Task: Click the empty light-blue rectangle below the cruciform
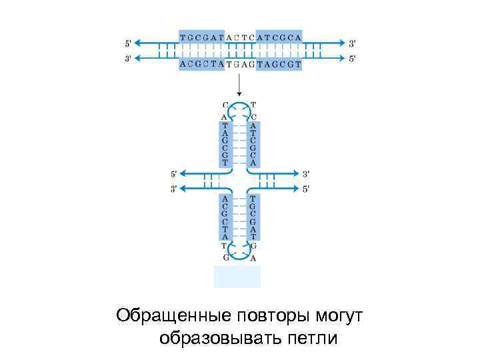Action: pyautogui.click(x=237, y=276)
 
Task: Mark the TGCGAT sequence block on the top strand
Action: pyautogui.click(x=202, y=36)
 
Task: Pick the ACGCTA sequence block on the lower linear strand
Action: pyautogui.click(x=202, y=64)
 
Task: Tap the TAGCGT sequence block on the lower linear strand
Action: pyautogui.click(x=279, y=64)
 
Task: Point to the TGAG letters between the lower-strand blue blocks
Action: pyautogui.click(x=240, y=65)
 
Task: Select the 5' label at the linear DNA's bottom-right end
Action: pyautogui.click(x=352, y=58)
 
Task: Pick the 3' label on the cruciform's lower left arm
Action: pyautogui.click(x=173, y=189)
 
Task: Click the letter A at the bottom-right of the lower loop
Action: pyautogui.click(x=253, y=258)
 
